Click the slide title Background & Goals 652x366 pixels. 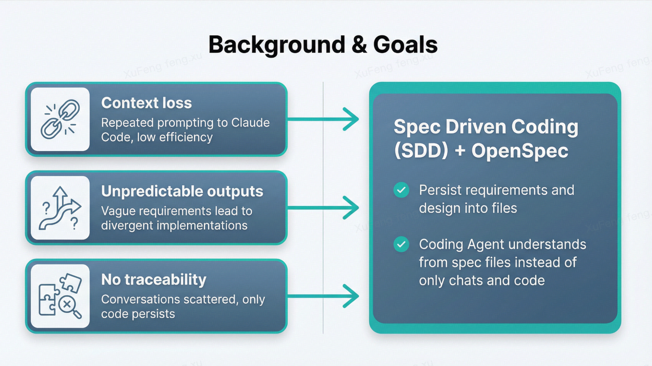click(x=323, y=45)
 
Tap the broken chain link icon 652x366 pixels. click(x=60, y=119)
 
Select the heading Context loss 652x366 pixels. click(x=146, y=103)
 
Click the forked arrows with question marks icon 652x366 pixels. click(x=60, y=208)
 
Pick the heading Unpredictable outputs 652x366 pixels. click(x=182, y=191)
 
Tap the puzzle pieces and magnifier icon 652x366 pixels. click(x=60, y=296)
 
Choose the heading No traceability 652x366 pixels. click(x=154, y=279)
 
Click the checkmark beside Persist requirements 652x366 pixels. click(x=401, y=190)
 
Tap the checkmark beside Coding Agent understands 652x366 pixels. click(x=401, y=244)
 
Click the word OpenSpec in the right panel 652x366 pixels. click(x=520, y=151)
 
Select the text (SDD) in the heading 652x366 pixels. click(x=421, y=151)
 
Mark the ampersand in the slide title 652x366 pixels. click(x=359, y=45)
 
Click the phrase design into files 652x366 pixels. click(x=468, y=208)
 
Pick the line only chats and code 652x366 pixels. click(x=481, y=281)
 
